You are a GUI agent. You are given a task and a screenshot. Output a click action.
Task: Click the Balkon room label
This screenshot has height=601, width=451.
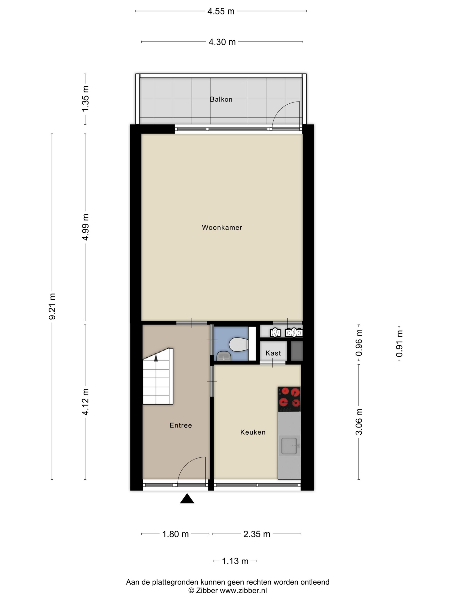tap(221, 99)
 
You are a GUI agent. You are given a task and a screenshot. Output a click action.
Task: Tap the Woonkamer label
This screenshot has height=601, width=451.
tap(222, 227)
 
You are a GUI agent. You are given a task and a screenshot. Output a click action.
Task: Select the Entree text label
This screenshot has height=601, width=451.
tap(180, 425)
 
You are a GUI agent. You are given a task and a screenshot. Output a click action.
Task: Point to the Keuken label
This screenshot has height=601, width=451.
tap(253, 432)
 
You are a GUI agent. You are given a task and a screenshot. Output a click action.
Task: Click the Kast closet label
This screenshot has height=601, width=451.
tap(273, 353)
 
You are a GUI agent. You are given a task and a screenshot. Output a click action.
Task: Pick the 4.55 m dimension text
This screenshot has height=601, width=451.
tap(221, 11)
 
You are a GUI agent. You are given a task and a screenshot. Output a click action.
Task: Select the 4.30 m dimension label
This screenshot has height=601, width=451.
tap(222, 42)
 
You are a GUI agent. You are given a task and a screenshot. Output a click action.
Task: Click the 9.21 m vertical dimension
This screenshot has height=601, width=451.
tap(52, 306)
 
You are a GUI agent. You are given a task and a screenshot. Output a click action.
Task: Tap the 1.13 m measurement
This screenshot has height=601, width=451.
tap(235, 561)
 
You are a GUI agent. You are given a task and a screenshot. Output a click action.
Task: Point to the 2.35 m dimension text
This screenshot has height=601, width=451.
tap(257, 534)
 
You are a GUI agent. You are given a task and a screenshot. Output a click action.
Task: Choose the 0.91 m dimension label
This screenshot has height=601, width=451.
tap(399, 343)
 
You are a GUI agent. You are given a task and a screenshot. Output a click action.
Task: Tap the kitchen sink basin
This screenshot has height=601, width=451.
tap(289, 446)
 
